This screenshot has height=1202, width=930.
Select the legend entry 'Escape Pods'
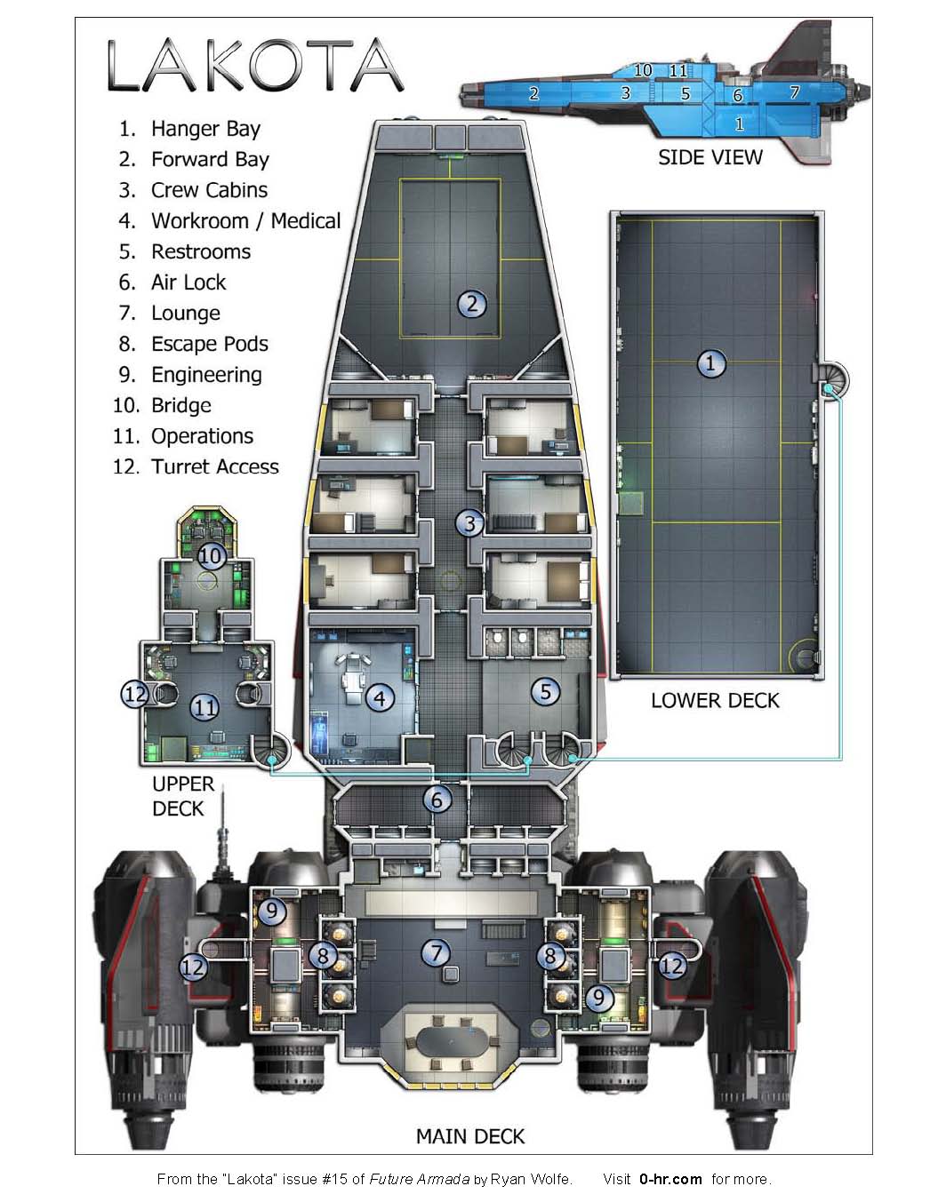[209, 344]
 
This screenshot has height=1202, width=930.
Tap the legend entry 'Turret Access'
[214, 467]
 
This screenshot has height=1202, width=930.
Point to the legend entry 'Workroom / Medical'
[245, 221]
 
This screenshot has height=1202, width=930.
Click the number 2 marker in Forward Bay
[472, 305]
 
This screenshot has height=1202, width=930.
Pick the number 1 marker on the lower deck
[710, 363]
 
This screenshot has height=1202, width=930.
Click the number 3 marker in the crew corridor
[470, 523]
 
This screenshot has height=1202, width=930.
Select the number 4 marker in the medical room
[380, 697]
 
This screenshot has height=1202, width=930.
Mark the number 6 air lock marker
[437, 800]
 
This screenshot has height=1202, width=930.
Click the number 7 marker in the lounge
[436, 953]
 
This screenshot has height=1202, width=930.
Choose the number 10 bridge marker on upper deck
[211, 557]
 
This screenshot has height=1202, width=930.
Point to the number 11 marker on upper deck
[205, 707]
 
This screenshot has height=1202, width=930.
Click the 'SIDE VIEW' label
[710, 158]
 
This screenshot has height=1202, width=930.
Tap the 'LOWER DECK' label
[714, 701]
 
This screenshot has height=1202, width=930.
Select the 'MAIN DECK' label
[470, 1136]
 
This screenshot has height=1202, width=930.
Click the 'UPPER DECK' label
[182, 796]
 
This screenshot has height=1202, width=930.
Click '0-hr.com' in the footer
[670, 1179]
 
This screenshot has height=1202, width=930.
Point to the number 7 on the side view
[794, 92]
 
